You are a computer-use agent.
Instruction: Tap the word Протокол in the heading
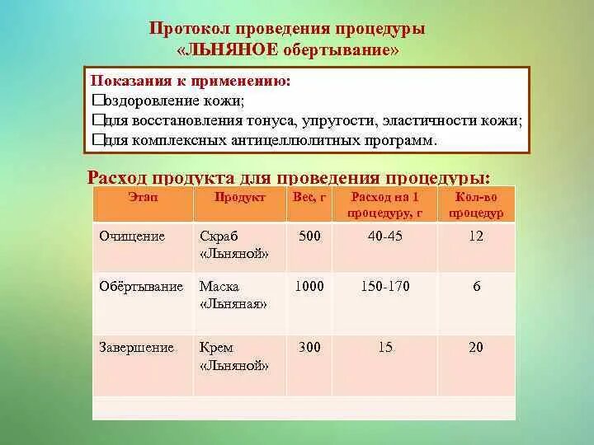[186, 29]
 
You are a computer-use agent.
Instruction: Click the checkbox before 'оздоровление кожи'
[97, 101]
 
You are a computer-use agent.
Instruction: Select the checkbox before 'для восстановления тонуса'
[97, 120]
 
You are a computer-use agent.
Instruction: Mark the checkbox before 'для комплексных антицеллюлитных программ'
[97, 140]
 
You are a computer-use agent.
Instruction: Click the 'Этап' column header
[143, 198]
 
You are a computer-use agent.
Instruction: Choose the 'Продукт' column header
[239, 198]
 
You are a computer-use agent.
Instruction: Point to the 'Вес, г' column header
[310, 198]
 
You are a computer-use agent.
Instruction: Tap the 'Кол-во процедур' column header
[475, 204]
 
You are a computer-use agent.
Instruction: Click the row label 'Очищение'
[132, 237]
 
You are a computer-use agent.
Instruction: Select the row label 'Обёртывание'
[141, 287]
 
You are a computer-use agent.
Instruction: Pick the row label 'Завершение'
[136, 348]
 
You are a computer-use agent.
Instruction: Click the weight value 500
[309, 237]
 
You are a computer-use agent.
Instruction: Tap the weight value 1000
[309, 287]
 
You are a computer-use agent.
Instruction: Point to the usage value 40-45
[385, 237]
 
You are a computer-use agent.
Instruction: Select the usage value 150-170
[385, 287]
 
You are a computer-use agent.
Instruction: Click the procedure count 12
[476, 237]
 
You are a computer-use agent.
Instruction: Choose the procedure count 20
[476, 348]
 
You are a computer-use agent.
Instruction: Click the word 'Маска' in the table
[219, 287]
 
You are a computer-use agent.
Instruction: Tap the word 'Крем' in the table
[216, 348]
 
